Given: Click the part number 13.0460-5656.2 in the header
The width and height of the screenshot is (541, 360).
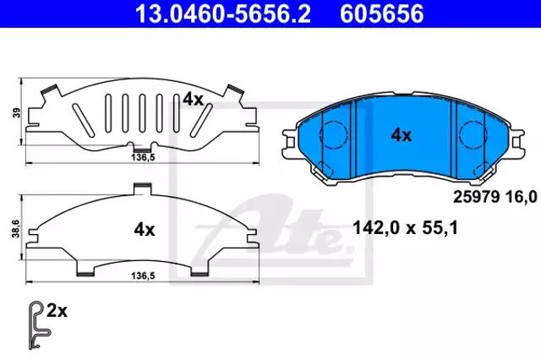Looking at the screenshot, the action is tap(223, 14).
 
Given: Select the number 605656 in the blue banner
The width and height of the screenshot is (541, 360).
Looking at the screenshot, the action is tap(382, 14).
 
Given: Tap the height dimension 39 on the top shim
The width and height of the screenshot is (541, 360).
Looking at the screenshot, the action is tap(16, 112).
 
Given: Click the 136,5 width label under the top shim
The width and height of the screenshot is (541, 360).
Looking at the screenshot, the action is tap(143, 157).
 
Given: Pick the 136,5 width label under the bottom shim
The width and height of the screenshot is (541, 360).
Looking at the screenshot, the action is tap(143, 275).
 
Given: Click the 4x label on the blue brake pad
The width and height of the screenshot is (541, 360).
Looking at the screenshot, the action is tap(402, 135).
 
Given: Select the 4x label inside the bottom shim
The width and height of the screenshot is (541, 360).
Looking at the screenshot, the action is tap(145, 229).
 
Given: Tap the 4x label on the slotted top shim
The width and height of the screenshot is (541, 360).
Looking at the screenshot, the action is tap(194, 100).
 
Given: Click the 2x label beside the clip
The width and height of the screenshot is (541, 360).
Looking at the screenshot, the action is tap(57, 311).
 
